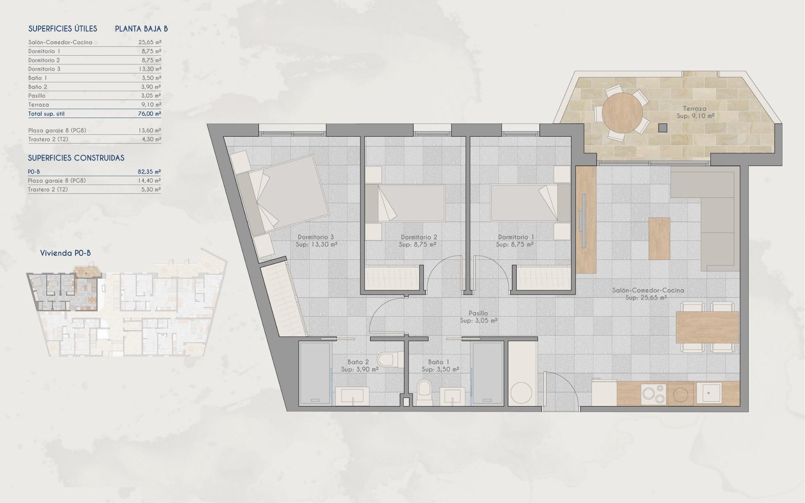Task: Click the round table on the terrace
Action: coord(622,113)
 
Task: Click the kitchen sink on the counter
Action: coord(708,393)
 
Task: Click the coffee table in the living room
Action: coord(659,239)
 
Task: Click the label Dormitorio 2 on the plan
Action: coord(418,237)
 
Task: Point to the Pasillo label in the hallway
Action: coord(478,313)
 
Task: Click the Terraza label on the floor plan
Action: coord(695,108)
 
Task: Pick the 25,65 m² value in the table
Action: coord(150,42)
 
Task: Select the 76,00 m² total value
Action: coord(150,114)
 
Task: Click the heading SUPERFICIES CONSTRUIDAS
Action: coord(76,158)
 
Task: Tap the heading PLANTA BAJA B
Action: coord(141,29)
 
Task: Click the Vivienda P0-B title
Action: coord(65,253)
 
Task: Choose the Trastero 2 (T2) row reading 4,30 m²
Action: coord(94,139)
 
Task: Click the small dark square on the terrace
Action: coord(662,128)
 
